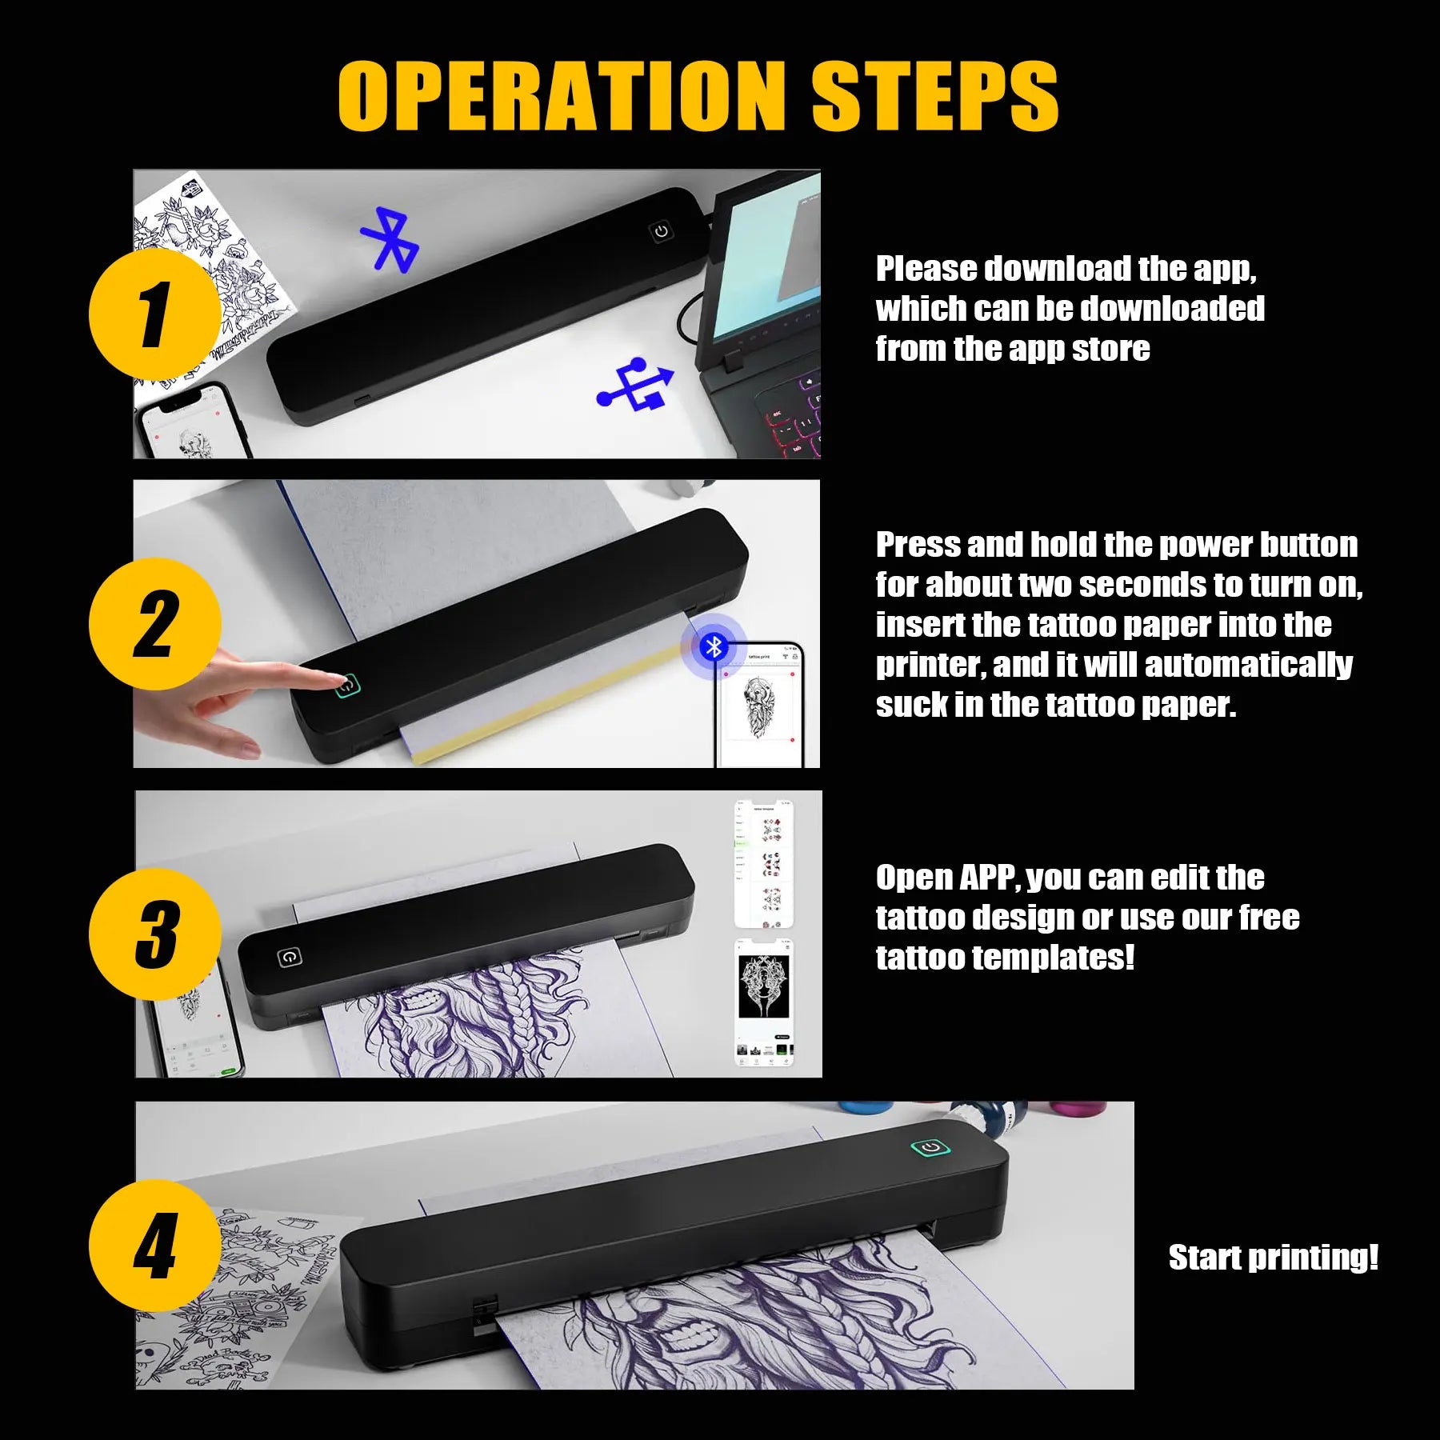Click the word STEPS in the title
coord(934,96)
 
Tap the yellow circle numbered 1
coord(155,314)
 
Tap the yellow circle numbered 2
coord(155,624)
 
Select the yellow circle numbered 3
coord(155,934)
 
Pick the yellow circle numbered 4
coord(155,1245)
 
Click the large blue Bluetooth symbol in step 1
coord(390,239)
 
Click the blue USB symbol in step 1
coord(637,386)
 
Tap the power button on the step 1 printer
coord(661,232)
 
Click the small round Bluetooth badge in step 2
coord(713,646)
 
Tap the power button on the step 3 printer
coord(289,957)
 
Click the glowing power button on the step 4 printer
coord(930,1148)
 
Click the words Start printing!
coord(1273,1258)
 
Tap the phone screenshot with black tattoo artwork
coord(764,1002)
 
